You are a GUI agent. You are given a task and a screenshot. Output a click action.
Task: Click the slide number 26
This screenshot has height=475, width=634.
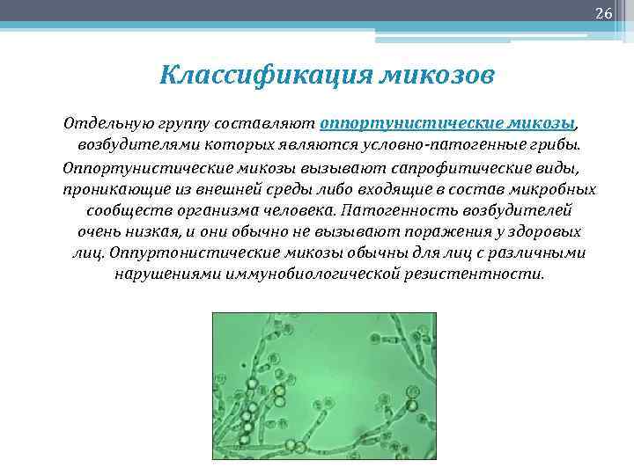pyautogui.click(x=603, y=13)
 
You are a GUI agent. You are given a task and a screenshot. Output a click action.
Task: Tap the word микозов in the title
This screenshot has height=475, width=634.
pyautogui.click(x=438, y=75)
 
